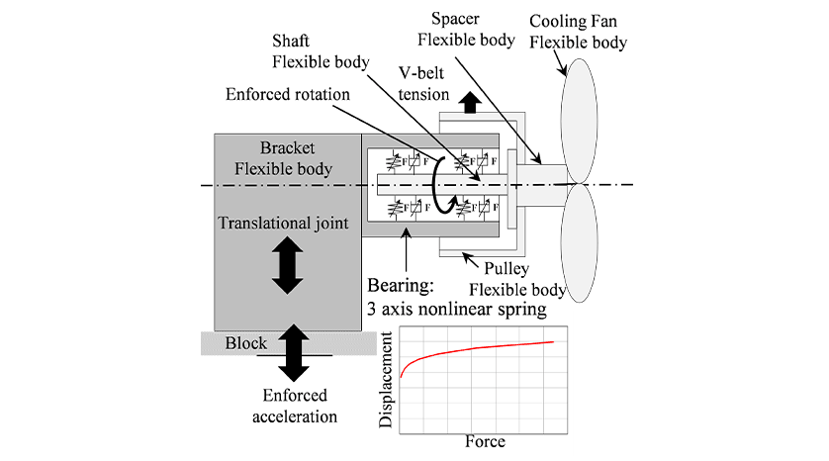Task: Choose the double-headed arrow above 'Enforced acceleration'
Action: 294,353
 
